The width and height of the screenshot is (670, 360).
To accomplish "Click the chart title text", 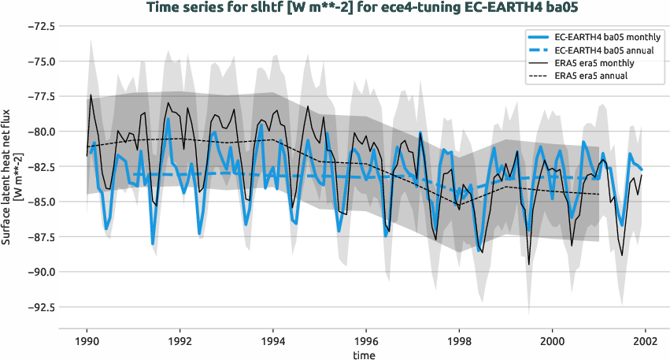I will pyautogui.click(x=334, y=8).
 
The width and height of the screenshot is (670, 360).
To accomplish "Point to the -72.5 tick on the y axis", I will pyautogui.click(x=39, y=26).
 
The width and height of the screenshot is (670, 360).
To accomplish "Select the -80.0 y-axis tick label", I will pyautogui.click(x=39, y=132).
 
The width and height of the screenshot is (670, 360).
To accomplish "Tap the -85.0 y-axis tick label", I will pyautogui.click(x=39, y=202).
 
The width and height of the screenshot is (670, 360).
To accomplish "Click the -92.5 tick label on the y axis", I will pyautogui.click(x=39, y=307).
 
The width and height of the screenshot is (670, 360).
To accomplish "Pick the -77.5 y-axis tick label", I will pyautogui.click(x=39, y=96).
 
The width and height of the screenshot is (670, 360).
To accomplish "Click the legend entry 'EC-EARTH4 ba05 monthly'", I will pyautogui.click(x=606, y=37).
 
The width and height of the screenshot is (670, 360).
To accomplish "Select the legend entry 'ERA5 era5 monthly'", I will pyautogui.click(x=594, y=63).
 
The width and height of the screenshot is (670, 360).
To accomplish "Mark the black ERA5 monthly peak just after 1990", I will pyautogui.click(x=91, y=95).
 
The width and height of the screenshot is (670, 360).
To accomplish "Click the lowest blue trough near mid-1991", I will pyautogui.click(x=153, y=243).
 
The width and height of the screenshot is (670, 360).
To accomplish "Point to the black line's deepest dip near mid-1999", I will pyautogui.click(x=529, y=265).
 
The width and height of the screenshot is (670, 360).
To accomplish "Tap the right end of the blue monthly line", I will pyautogui.click(x=642, y=169).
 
